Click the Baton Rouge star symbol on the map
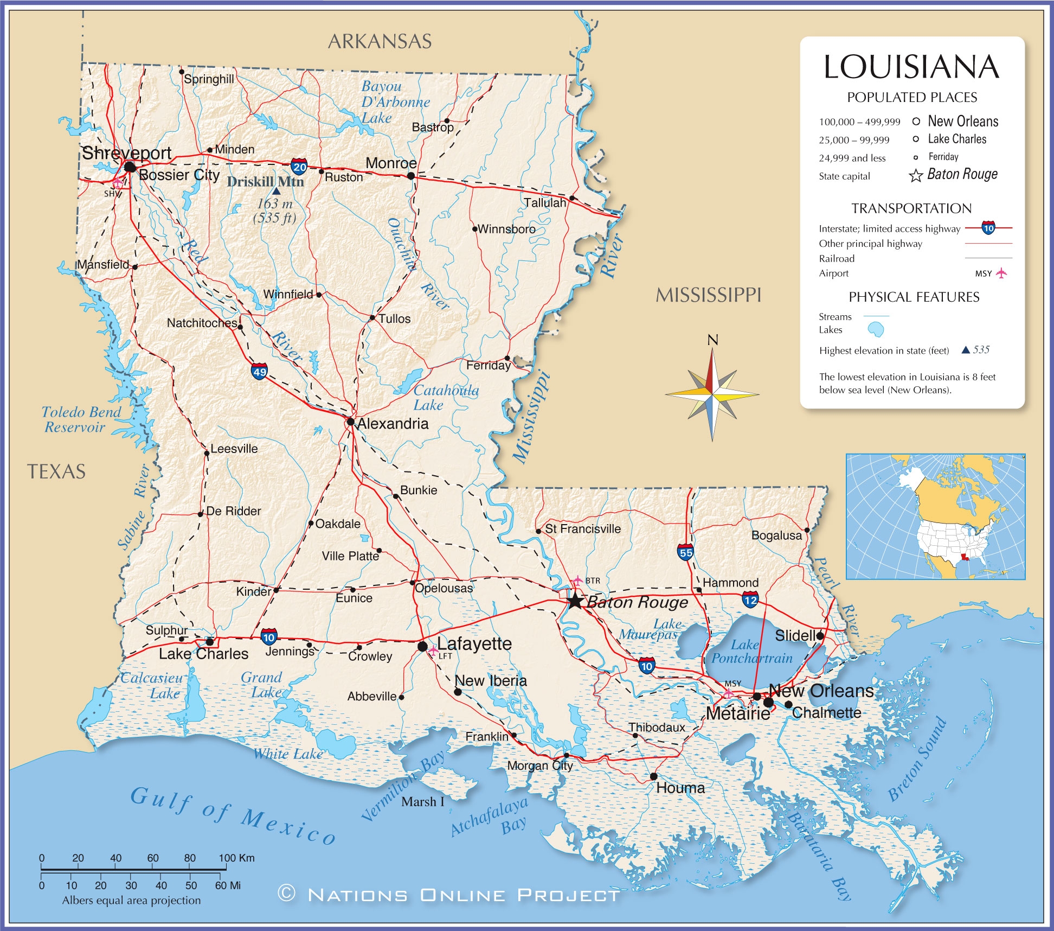[575, 601]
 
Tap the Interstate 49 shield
[260, 372]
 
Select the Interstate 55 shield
[685, 552]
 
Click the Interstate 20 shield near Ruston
[299, 167]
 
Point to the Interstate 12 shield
[750, 600]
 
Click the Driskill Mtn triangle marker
[277, 191]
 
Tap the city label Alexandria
[393, 424]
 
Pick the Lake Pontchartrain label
[751, 652]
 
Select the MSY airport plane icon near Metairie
[729, 693]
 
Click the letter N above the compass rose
[712, 340]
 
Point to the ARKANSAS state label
[380, 41]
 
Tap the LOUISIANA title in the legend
[911, 67]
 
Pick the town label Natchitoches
[202, 323]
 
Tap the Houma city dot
[654, 776]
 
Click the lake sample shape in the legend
[876, 329]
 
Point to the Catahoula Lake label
[446, 398]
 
